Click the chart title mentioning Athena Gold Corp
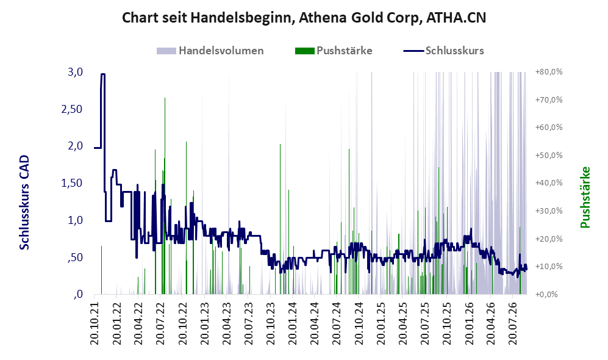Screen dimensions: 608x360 pos(304,18)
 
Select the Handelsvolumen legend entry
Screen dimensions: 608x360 pos(210,51)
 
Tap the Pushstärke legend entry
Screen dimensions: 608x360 pos(334,51)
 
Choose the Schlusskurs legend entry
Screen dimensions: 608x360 pos(443,51)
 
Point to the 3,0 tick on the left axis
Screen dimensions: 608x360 pos(75,72)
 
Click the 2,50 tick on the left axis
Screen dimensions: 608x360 pos(72,109)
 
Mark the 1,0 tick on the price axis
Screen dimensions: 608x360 pos(75,220)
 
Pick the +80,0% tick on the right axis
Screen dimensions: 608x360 pos(549,72)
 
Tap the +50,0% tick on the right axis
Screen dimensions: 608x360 pos(549,156)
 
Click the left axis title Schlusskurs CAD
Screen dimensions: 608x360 pos(24,203)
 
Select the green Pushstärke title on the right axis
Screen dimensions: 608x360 pos(585,198)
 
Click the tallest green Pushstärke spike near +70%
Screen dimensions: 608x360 pos(165,196)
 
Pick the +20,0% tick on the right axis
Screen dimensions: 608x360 pos(549,239)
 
